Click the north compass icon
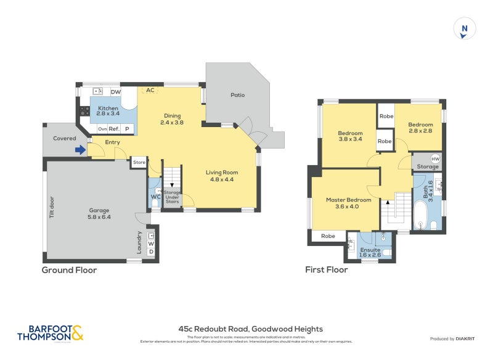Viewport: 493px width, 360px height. [x=465, y=30]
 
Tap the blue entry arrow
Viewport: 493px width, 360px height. [x=79, y=149]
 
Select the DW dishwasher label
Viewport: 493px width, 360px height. [x=115, y=92]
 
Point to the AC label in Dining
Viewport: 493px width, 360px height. [x=150, y=90]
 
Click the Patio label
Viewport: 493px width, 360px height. [x=237, y=95]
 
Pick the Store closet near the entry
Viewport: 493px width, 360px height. [x=139, y=163]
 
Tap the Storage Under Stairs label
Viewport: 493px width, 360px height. [x=172, y=197]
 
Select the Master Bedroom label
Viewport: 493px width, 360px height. [x=348, y=200]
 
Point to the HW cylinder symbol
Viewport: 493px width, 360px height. [x=435, y=159]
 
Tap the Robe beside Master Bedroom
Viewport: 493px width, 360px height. [x=328, y=235]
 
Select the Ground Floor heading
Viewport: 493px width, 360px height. [x=69, y=270]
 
